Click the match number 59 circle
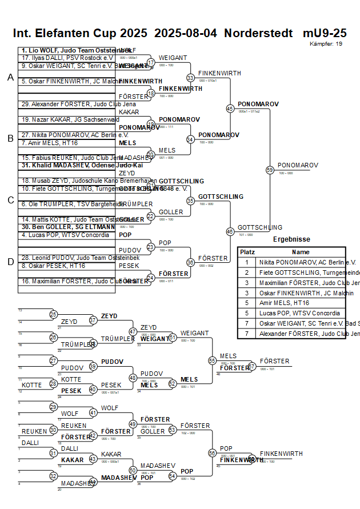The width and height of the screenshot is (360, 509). [270, 170]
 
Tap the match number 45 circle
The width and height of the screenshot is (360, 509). [230, 108]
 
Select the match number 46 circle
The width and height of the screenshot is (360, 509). [230, 231]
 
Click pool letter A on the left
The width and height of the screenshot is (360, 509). [10, 78]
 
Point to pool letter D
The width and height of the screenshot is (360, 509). [10, 262]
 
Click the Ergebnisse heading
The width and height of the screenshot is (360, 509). [291, 239]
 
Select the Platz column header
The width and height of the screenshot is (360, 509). [247, 252]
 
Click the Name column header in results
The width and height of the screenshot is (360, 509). [301, 252]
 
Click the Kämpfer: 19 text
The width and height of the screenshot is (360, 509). [326, 43]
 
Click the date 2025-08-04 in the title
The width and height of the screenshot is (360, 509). [186, 33]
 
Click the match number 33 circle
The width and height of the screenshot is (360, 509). [190, 78]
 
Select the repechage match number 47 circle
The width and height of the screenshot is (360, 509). [133, 331]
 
